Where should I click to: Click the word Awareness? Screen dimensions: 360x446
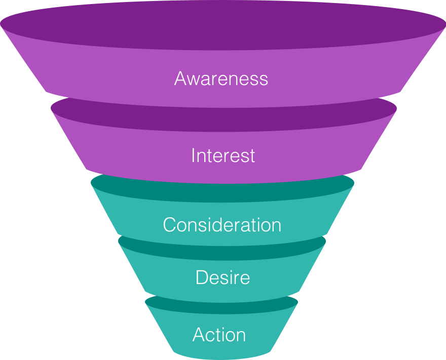[x=221, y=79]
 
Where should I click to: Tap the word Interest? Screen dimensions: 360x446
[x=223, y=155]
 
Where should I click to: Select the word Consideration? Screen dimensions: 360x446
[x=222, y=225]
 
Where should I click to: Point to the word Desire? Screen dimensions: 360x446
[x=222, y=277]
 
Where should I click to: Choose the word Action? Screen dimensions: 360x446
[x=219, y=335]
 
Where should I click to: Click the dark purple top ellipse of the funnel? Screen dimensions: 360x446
[x=223, y=25]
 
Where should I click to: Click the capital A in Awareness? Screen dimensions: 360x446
[x=181, y=79]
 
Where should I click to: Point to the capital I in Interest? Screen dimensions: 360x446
[x=193, y=155]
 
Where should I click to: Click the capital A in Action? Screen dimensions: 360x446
[x=199, y=335]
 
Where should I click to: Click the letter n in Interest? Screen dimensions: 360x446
[x=202, y=156]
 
